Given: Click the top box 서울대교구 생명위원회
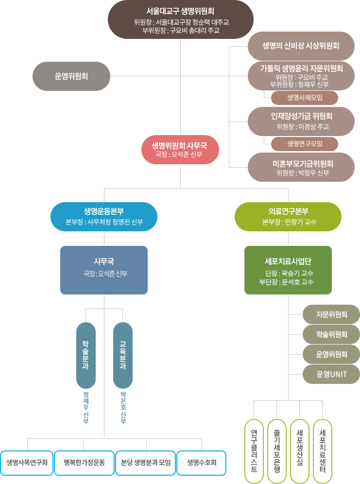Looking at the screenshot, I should click(180, 19).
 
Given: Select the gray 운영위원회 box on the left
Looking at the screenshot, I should click(71, 76).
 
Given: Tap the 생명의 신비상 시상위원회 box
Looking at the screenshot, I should click(301, 46).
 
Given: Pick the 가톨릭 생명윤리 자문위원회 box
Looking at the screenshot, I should click(301, 75).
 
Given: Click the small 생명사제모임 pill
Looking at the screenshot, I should click(304, 98).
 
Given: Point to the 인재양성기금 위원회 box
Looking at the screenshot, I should click(301, 121).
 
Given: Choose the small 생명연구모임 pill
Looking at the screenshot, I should click(304, 143).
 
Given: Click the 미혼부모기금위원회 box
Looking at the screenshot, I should click(301, 167).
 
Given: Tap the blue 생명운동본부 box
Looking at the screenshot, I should click(104, 216).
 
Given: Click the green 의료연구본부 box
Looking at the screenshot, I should click(288, 216).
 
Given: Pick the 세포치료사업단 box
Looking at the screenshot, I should click(288, 270).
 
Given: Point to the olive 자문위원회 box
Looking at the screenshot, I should click(331, 314).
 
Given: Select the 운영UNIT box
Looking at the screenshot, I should click(331, 374).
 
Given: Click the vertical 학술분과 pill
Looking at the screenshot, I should click(86, 355).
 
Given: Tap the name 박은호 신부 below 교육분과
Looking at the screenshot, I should click(123, 408).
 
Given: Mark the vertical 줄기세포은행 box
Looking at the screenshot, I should click(276, 451).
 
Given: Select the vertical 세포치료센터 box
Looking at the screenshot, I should click(322, 451).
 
